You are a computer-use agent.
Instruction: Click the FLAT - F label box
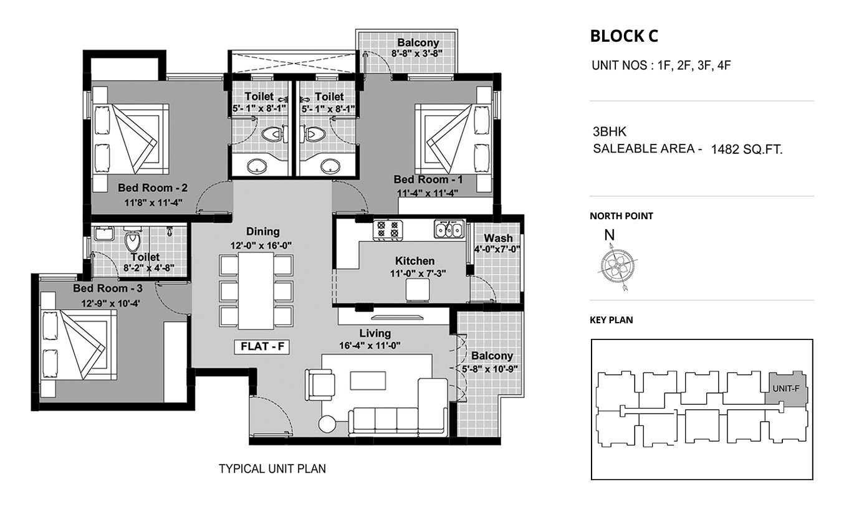pyautogui.click(x=262, y=347)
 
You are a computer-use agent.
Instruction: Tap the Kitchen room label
pyautogui.click(x=415, y=261)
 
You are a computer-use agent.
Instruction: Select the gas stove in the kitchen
pyautogui.click(x=388, y=229)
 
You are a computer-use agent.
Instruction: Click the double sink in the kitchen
pyautogui.click(x=449, y=229)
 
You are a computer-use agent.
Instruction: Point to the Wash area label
pyautogui.click(x=498, y=238)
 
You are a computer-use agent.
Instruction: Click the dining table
pyautogui.click(x=256, y=290)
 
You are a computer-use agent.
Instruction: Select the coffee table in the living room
pyautogui.click(x=368, y=381)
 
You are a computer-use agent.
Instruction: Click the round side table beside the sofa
pyautogui.click(x=327, y=424)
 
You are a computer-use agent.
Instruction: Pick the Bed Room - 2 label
pyautogui.click(x=152, y=188)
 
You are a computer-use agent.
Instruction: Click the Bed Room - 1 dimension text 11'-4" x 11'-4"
pyautogui.click(x=428, y=193)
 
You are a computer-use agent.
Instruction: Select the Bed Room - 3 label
pyautogui.click(x=108, y=288)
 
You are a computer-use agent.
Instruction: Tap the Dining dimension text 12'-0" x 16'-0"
pyautogui.click(x=261, y=246)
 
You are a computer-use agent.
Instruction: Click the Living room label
pyautogui.click(x=375, y=333)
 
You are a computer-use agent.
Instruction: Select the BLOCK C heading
pyautogui.click(x=624, y=36)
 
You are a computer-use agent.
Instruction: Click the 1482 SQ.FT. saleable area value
pyautogui.click(x=747, y=149)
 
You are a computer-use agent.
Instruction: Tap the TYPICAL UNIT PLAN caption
pyautogui.click(x=272, y=469)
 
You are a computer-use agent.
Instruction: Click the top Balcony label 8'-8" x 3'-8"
pyautogui.click(x=418, y=48)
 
